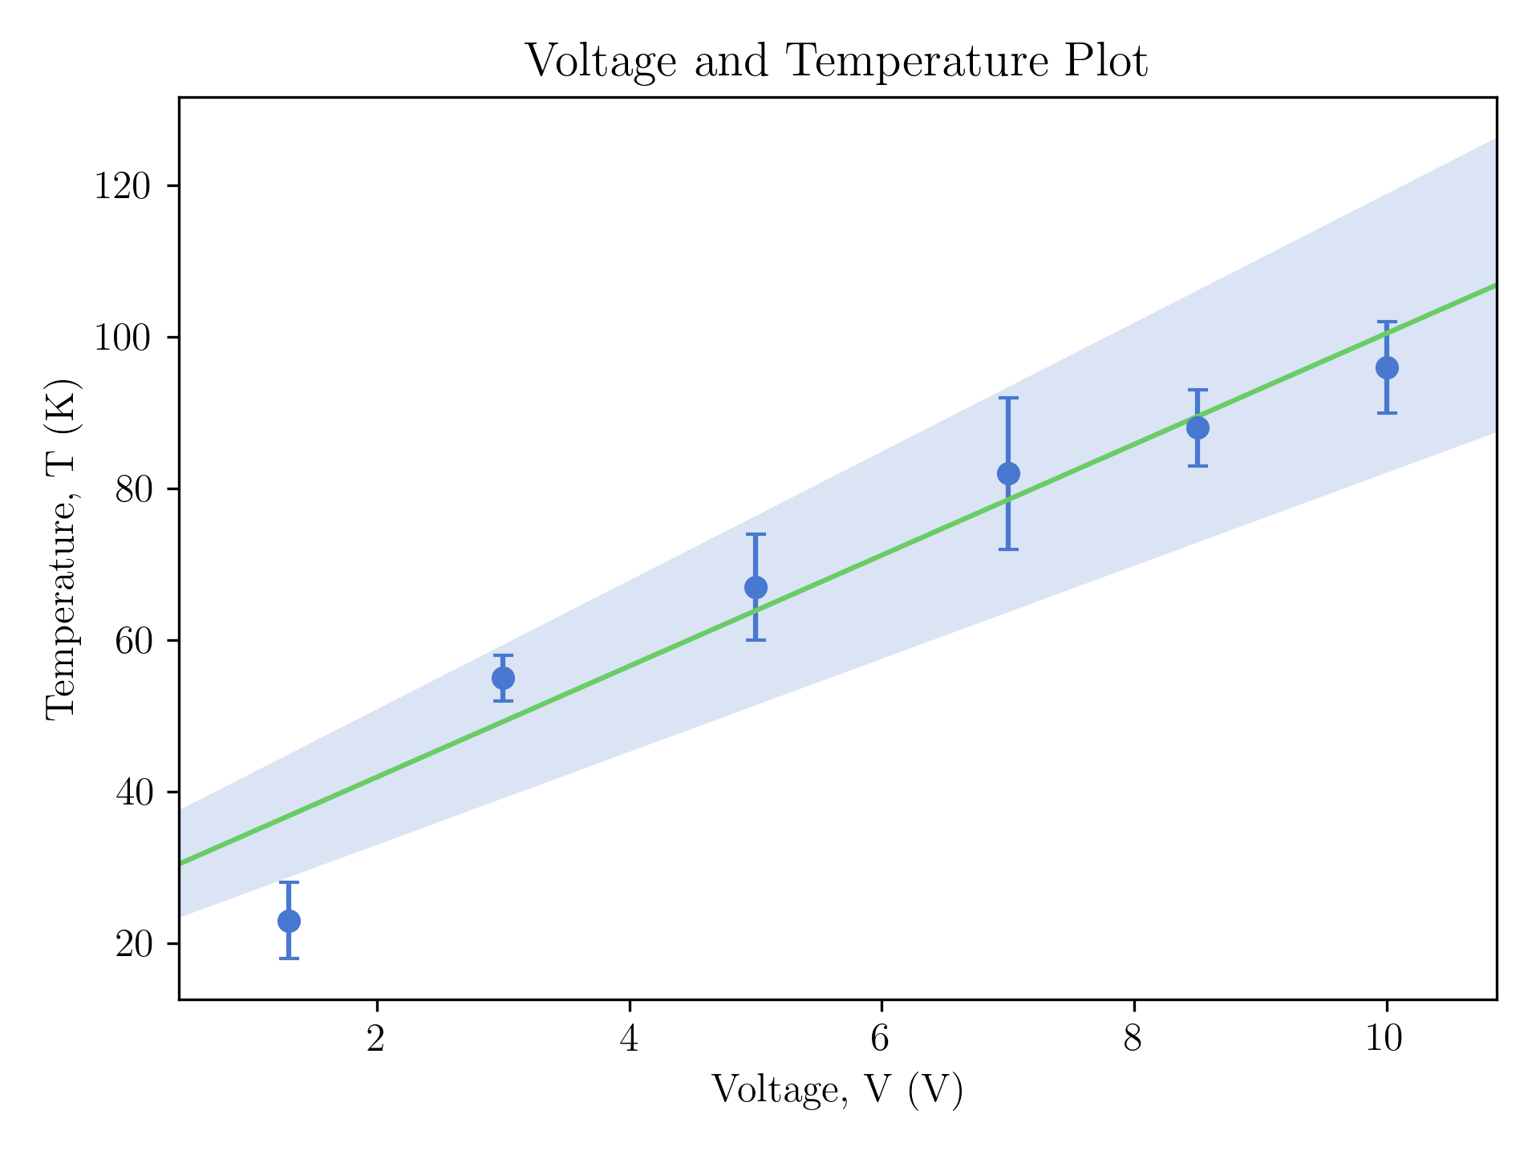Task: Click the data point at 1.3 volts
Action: click(289, 921)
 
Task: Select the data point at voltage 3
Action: click(503, 678)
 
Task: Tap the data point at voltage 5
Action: click(756, 587)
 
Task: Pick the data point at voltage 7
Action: click(1008, 473)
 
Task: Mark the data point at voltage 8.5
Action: click(1198, 428)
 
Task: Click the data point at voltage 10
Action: click(1387, 367)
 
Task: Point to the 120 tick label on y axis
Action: click(122, 186)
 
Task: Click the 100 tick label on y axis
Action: click(122, 338)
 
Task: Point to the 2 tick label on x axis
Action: click(376, 1039)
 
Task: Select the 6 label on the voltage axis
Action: click(881, 1039)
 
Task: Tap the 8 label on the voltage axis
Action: click(1133, 1039)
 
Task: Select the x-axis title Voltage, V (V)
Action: click(837, 1090)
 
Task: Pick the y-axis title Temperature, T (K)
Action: click(61, 549)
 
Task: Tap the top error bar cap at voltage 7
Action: click(1008, 398)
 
